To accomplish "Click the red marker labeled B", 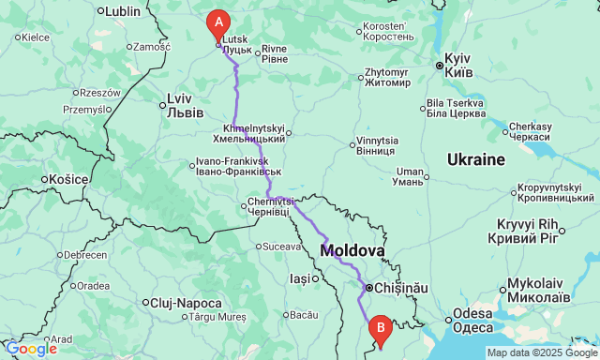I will [x=380, y=329].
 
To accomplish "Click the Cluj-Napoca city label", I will [x=187, y=303].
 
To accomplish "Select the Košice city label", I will [x=68, y=178].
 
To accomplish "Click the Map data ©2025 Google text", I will [x=540, y=352].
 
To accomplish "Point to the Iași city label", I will [x=300, y=278].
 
